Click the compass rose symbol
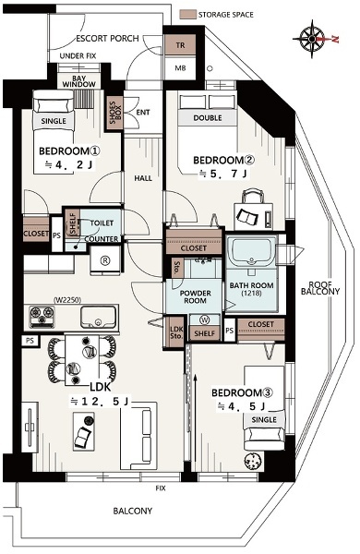tap(312, 39)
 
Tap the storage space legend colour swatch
tap(187, 15)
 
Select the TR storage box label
tap(180, 45)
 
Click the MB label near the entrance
tap(180, 67)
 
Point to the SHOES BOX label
tap(114, 113)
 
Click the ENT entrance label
tap(143, 113)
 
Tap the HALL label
tap(143, 178)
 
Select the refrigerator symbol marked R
tap(105, 260)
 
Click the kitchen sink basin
tap(98, 317)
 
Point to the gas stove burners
tap(42, 316)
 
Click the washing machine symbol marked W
tap(205, 320)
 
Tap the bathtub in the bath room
tap(252, 252)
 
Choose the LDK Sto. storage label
tap(176, 331)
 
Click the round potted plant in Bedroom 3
tap(252, 461)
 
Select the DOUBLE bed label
tap(208, 118)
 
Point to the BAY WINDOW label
tap(78, 81)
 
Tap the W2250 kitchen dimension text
tap(67, 300)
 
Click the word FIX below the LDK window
tap(161, 488)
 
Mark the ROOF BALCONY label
tap(320, 288)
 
